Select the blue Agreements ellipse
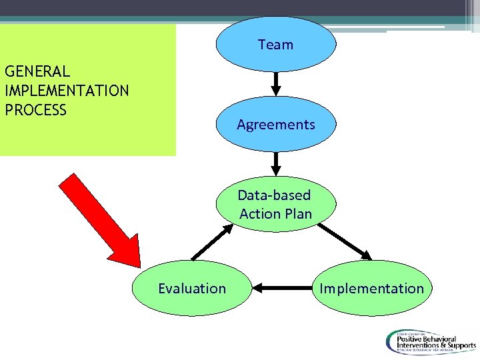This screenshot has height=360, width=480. pyautogui.click(x=275, y=125)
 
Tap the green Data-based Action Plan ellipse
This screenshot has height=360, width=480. pyautogui.click(x=275, y=205)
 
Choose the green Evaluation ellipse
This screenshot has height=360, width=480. pyautogui.click(x=192, y=288)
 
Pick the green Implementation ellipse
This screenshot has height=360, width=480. pyautogui.click(x=371, y=288)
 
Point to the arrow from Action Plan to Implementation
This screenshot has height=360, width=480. pyautogui.click(x=345, y=241)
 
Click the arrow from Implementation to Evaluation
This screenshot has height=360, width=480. pyautogui.click(x=283, y=288)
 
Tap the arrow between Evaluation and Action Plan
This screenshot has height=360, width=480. pyautogui.click(x=212, y=241)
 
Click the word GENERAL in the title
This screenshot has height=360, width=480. pyautogui.click(x=37, y=71)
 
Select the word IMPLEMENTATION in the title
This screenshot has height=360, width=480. pyautogui.click(x=67, y=91)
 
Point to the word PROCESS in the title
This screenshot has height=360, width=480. pyautogui.click(x=36, y=110)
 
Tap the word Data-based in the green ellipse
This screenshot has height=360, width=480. pyautogui.click(x=274, y=195)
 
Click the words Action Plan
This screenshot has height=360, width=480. pyautogui.click(x=275, y=213)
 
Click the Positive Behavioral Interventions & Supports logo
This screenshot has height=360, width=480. pyautogui.click(x=429, y=341)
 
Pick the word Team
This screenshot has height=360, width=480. pyautogui.click(x=275, y=45)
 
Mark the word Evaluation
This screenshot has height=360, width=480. pyautogui.click(x=192, y=288)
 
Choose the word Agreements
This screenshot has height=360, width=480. pyautogui.click(x=275, y=125)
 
